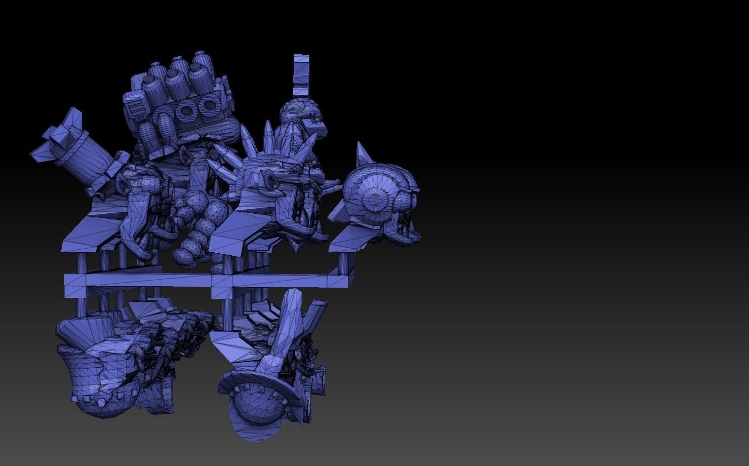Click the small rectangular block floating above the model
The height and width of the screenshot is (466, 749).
[x=301, y=74]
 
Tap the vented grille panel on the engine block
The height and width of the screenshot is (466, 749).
[x=136, y=106]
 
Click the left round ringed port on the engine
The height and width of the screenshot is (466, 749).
[x=186, y=110]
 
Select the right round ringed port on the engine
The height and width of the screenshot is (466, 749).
[x=208, y=106]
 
